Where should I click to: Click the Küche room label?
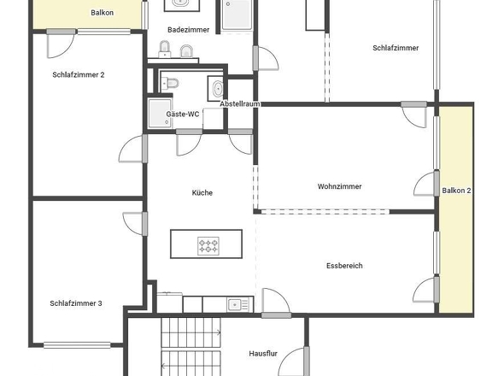[x=202, y=193]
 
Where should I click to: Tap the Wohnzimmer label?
[x=339, y=186]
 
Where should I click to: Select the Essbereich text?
[x=344, y=266]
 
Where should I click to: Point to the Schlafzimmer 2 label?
[x=78, y=75]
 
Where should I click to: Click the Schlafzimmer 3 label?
[x=76, y=303]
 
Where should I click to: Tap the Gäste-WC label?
[x=182, y=114]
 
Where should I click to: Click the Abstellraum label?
[x=240, y=103]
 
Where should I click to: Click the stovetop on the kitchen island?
[x=208, y=246]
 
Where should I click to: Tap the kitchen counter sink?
[x=235, y=304]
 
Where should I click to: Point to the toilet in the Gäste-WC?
[x=169, y=83]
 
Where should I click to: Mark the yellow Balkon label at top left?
[x=102, y=13]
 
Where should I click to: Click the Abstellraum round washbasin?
[x=216, y=88]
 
